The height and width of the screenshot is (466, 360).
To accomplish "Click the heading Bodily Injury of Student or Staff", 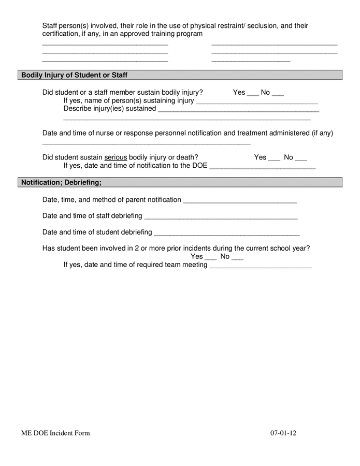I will coord(74,75).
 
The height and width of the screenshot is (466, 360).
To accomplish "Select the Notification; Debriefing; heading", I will coord(61,182).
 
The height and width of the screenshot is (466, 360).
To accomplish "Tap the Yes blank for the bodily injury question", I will coord(252,94).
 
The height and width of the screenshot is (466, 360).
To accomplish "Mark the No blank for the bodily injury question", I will coord(278,94).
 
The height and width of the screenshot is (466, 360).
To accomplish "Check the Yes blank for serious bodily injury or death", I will coord(274,158).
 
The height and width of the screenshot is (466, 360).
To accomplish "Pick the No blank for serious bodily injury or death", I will coord(301,158).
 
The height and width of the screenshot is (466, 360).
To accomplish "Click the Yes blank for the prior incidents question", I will coord(210,258).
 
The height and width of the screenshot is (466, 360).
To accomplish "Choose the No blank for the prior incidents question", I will coord(237,258).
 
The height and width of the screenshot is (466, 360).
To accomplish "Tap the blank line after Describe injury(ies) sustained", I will coord(238,110).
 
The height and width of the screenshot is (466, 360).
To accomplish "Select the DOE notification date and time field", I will coord(262,167).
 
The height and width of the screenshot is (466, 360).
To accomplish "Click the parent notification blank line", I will coord(240,201).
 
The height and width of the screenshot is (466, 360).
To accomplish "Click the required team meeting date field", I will coord(260,266).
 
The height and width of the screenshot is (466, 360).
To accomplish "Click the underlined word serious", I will coord(116,157).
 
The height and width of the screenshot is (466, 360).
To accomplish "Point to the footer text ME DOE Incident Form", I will coord(55,433).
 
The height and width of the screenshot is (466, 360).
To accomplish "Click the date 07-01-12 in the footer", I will coord(283,433).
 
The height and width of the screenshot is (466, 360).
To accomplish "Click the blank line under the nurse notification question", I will coord(146,142).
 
